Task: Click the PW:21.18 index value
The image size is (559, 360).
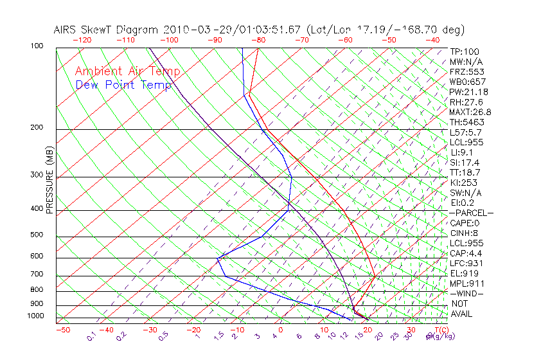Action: tap(466, 92)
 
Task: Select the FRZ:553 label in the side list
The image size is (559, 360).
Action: tap(464, 72)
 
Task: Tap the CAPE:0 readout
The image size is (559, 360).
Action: tap(465, 223)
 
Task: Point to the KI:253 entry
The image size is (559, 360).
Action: tap(463, 183)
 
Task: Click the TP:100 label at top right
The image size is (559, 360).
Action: tap(464, 51)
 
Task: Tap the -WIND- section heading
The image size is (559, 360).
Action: tap(467, 294)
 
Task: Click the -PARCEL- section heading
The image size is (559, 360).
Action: tap(471, 213)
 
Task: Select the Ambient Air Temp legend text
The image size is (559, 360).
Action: tap(128, 71)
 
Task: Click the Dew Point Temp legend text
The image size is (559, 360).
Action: tap(123, 85)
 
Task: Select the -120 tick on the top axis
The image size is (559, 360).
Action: tap(82, 40)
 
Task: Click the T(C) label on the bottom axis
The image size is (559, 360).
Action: tap(440, 330)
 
